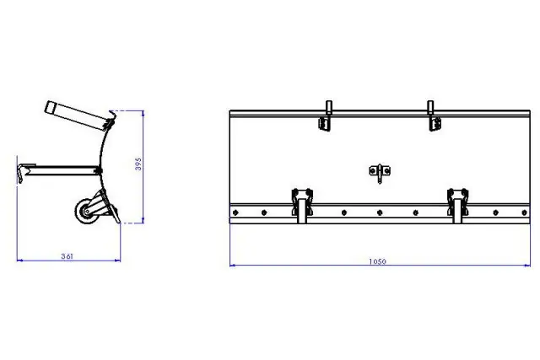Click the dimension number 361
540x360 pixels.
coord(68,255)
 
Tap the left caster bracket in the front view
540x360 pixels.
coord(300,203)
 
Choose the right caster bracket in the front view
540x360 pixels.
coord(457,203)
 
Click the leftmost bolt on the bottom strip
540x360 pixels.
coord(235,212)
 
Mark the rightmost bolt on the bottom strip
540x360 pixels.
coord(522,212)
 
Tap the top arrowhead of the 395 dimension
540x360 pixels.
coord(142,110)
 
